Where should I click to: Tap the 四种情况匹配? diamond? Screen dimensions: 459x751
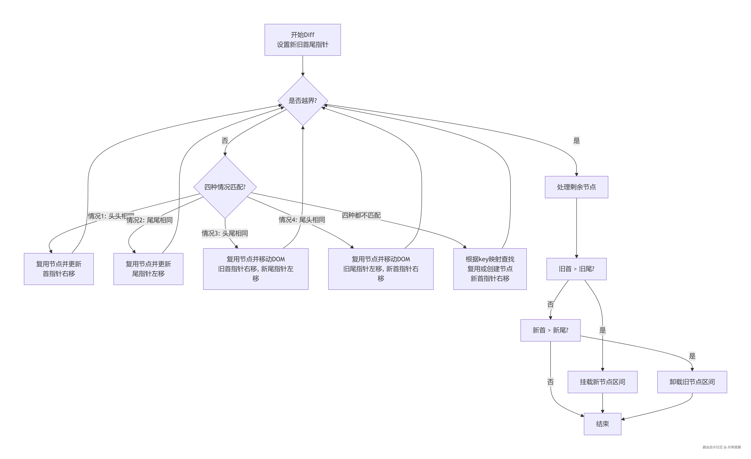[225, 187]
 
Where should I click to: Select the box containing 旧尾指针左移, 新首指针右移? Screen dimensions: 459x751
[381, 269]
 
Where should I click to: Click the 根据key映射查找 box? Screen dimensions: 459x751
[490, 269]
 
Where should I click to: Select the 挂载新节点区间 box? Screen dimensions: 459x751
[602, 382]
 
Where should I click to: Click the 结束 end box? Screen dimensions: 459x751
[602, 424]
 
